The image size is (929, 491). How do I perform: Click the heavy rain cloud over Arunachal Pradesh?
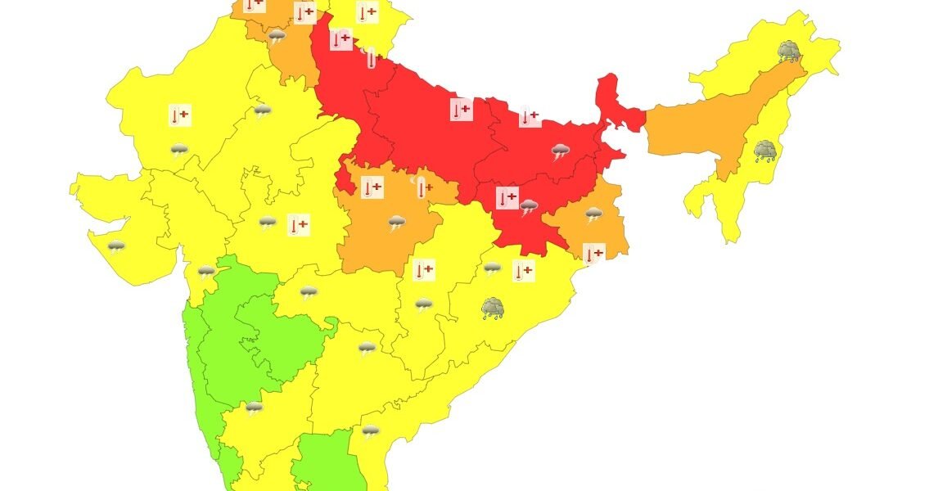(x=789, y=52)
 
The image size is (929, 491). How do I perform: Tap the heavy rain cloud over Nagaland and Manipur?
(x=765, y=151)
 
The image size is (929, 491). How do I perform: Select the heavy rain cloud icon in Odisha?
(x=493, y=309)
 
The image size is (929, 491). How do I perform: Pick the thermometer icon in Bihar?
(x=530, y=117)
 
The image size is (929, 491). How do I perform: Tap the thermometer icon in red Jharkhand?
(x=507, y=197)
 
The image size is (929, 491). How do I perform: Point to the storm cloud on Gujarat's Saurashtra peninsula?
(x=116, y=245)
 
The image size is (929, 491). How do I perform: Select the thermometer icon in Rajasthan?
(x=179, y=115)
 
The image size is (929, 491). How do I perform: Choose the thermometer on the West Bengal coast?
(x=593, y=252)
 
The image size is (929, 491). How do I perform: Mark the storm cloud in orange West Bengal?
(x=593, y=214)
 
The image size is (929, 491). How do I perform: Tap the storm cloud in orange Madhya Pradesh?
(x=397, y=222)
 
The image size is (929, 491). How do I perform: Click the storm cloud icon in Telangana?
(x=367, y=349)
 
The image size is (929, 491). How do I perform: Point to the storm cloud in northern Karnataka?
(x=255, y=407)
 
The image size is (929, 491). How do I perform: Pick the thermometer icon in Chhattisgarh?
(x=424, y=269)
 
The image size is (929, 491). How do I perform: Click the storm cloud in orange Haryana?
(x=277, y=36)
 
